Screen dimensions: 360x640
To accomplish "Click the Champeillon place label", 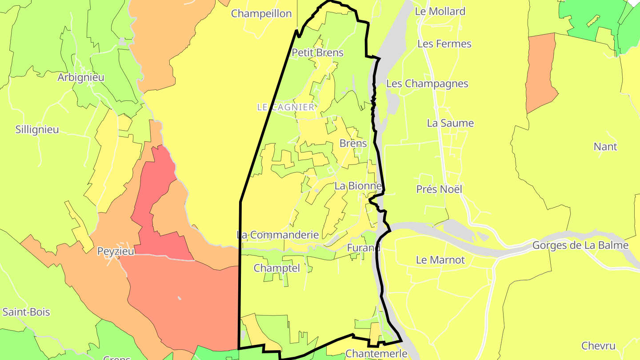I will [261, 14].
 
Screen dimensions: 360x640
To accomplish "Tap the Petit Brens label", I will [317, 53].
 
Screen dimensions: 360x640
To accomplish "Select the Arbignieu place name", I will [81, 77].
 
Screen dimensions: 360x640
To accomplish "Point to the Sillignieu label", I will [37, 130].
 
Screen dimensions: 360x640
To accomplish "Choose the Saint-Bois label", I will [26, 312].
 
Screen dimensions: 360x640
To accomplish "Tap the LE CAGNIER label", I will [285, 107].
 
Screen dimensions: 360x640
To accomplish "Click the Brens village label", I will [353, 144].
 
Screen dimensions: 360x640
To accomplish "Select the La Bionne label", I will [358, 186].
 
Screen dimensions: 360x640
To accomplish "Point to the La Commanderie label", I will [278, 235].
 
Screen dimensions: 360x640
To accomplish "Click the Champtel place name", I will [277, 268].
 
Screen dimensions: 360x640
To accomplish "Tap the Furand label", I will [364, 248].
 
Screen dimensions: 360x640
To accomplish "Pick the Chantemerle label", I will [376, 354].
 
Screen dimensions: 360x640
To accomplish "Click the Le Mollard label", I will [440, 12].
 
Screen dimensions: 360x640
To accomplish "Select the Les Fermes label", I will [444, 44].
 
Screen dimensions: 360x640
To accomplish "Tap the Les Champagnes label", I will [427, 84].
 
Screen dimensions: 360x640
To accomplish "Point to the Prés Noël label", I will [439, 189].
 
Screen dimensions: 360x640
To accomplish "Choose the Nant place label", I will [605, 147].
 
